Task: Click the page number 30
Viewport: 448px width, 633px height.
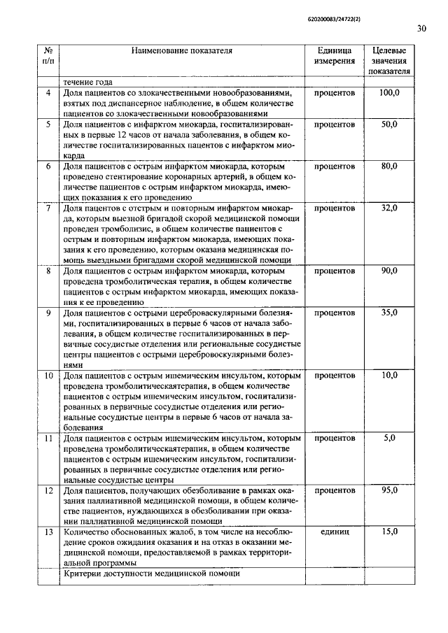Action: point(421,29)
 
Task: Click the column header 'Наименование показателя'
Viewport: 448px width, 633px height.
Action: point(182,50)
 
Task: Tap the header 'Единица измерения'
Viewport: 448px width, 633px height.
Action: point(334,56)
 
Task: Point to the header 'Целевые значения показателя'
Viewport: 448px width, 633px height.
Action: point(389,61)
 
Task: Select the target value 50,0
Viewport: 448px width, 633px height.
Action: point(389,124)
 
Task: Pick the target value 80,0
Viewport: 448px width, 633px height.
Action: point(389,166)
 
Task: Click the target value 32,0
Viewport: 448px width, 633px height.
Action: point(389,208)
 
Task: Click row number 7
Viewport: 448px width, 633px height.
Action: point(49,208)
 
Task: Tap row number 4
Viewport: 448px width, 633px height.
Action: point(49,93)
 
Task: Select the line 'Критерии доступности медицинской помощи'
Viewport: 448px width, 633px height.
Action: point(151,574)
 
